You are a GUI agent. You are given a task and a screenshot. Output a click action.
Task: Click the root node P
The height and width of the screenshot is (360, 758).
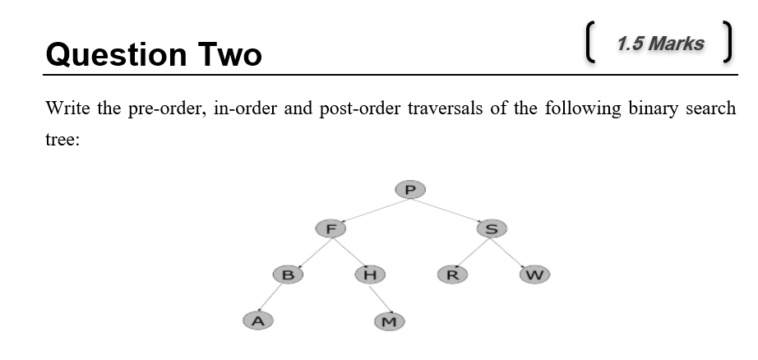point(410,189)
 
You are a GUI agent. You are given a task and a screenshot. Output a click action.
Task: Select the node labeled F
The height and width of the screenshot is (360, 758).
point(330,228)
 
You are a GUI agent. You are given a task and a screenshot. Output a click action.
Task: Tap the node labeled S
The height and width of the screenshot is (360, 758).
point(492,228)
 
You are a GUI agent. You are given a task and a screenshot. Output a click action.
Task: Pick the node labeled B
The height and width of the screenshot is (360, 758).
point(288,274)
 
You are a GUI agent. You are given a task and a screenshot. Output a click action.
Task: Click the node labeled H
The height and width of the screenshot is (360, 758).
point(370,274)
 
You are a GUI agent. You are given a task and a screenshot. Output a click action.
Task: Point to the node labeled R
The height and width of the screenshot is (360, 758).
point(451,274)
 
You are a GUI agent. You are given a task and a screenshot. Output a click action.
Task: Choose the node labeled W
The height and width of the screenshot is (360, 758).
point(534,274)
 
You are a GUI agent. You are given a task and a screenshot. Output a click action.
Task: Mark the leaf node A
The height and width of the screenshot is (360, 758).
point(257,320)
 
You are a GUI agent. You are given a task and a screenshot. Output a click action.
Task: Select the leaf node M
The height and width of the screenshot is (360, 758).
point(390,321)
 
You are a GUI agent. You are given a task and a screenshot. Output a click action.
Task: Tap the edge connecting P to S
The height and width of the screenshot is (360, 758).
point(451,209)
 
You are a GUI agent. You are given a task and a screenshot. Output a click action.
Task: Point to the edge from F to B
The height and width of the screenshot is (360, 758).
point(310,250)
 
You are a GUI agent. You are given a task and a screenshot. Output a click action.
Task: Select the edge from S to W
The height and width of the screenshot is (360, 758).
point(513,251)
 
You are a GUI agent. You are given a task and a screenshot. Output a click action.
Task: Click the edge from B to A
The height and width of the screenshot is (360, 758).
point(273,297)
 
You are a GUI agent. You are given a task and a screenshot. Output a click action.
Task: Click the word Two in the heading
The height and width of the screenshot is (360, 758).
point(229,54)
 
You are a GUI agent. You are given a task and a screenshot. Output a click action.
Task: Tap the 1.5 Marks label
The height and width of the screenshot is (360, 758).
point(660,44)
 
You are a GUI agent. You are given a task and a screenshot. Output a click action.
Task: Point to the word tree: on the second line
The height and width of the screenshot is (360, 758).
point(62,140)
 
